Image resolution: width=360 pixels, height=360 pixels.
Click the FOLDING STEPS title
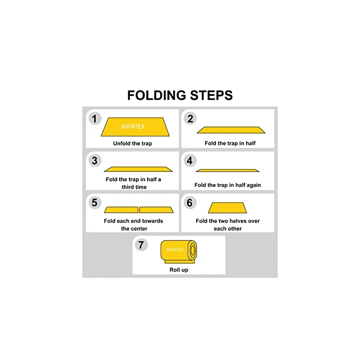tap(180, 95)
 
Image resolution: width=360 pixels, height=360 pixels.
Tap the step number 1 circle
tap(94, 119)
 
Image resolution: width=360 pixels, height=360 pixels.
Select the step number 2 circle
tap(190, 118)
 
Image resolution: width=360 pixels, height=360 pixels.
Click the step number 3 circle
tap(94, 161)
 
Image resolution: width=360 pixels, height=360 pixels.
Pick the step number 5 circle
tap(94, 203)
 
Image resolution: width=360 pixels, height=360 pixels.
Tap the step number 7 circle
tap(141, 245)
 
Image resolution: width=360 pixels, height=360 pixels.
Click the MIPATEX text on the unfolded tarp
tap(133, 126)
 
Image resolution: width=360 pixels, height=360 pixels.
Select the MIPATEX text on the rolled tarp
tap(175, 249)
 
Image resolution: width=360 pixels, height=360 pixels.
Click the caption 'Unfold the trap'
tap(132, 144)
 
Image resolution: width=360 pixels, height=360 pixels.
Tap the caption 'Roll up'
tap(179, 270)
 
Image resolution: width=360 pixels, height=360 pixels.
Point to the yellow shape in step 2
tap(231, 130)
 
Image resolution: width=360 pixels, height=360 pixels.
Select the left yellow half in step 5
tap(121, 210)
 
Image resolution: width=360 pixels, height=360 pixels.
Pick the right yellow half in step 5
tap(156, 210)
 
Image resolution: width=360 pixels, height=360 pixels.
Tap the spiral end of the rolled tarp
tap(192, 250)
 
